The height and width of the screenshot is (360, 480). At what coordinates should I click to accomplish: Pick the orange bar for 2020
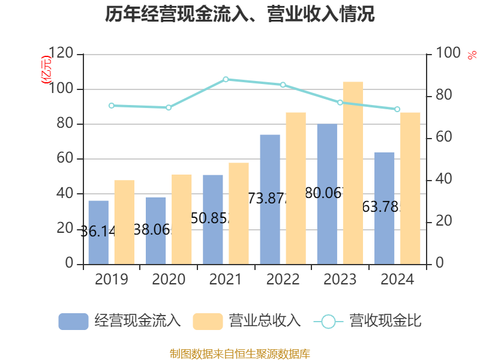click(x=182, y=219)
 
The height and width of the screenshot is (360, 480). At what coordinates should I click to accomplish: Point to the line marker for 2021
click(x=226, y=79)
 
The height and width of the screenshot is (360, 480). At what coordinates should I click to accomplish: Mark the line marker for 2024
click(x=397, y=109)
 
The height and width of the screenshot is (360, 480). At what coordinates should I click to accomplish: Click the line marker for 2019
click(x=111, y=106)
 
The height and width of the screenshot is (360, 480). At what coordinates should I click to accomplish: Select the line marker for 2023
click(x=340, y=103)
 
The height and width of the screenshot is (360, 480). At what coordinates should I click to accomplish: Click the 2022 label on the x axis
click(x=283, y=280)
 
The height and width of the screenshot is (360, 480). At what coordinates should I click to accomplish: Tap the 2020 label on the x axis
click(x=169, y=280)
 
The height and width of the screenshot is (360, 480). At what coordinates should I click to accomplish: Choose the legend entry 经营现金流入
click(x=119, y=321)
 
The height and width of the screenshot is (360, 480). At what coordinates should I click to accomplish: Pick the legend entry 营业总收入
click(x=247, y=321)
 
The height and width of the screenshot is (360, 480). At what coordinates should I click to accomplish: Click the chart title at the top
click(x=240, y=14)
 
